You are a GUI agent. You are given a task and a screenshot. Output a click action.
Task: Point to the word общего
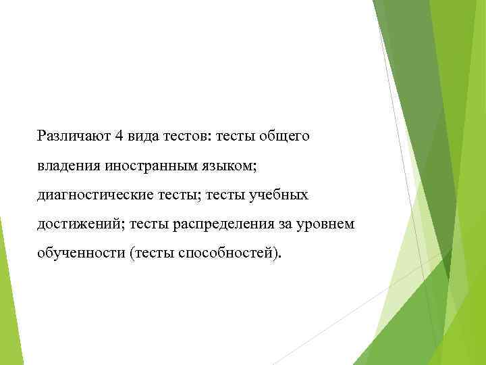[x=285, y=137]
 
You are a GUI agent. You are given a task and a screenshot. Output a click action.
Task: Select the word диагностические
[x=96, y=195]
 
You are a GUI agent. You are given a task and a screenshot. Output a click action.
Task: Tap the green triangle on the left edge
[x=8, y=291]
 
